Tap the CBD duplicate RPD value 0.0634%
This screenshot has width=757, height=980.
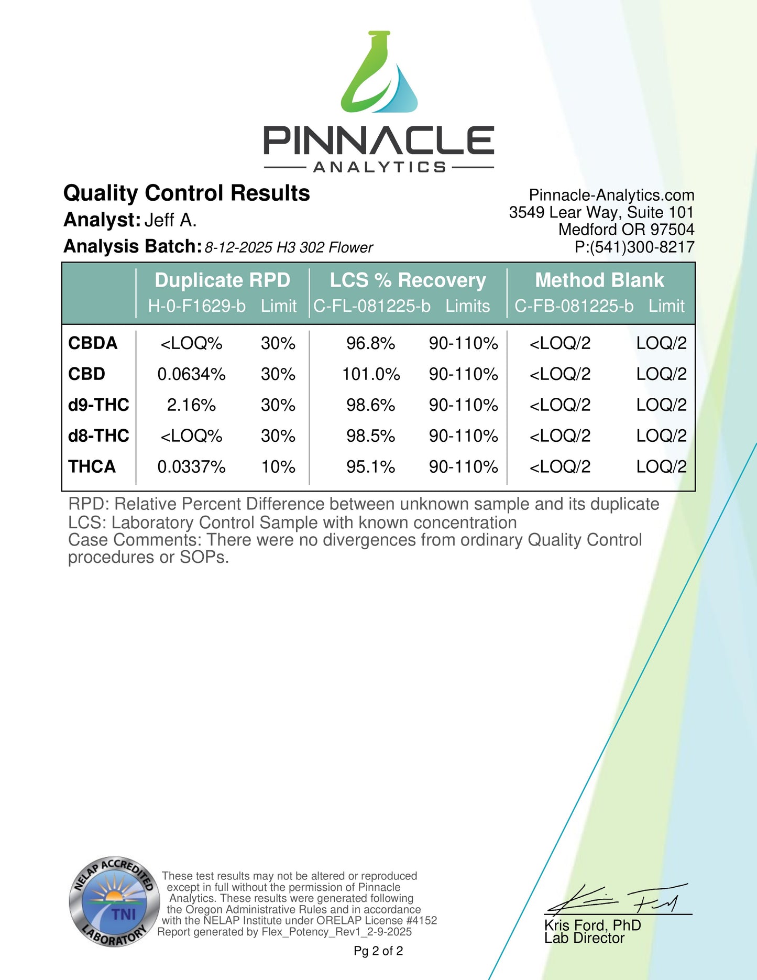tap(191, 374)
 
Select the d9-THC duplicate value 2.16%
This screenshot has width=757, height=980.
tap(191, 405)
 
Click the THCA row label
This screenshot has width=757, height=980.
tap(92, 466)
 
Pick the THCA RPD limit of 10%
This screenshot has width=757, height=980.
tap(278, 466)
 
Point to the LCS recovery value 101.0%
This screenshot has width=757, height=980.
tap(371, 374)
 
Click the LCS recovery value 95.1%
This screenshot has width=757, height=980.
tap(370, 466)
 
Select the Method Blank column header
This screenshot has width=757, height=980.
tap(599, 280)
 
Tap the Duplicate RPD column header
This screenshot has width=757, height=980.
tap(222, 280)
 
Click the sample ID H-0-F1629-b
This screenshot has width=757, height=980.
tap(196, 306)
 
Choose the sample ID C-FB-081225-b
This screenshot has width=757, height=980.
tap(574, 306)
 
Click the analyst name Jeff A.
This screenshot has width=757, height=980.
tap(170, 220)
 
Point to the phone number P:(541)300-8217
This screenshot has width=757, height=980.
tap(634, 247)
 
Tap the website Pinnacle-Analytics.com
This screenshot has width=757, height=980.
tap(611, 195)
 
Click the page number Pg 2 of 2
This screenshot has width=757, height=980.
tap(378, 951)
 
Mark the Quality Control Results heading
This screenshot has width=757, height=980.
tap(186, 193)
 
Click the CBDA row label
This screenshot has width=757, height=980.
tap(93, 343)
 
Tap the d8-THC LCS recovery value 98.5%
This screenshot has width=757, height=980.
tap(370, 436)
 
